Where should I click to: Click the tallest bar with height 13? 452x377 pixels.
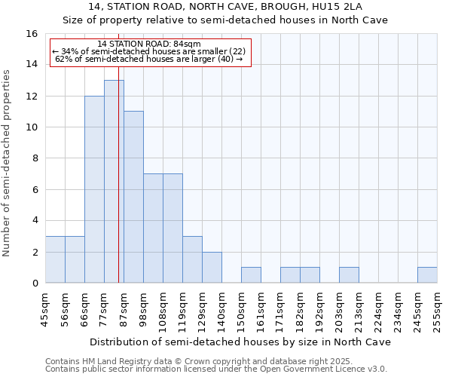[x=114, y=181]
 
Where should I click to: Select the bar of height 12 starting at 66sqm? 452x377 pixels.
[x=94, y=189]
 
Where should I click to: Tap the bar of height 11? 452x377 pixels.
[x=133, y=197]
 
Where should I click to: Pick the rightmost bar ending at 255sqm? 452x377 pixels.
[x=427, y=275]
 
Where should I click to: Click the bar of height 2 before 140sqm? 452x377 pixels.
[x=212, y=268]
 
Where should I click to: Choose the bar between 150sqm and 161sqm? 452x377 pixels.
[x=251, y=275]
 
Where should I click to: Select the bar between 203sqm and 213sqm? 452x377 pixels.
[x=349, y=275]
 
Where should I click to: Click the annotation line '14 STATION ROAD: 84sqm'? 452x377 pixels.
[x=149, y=44]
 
